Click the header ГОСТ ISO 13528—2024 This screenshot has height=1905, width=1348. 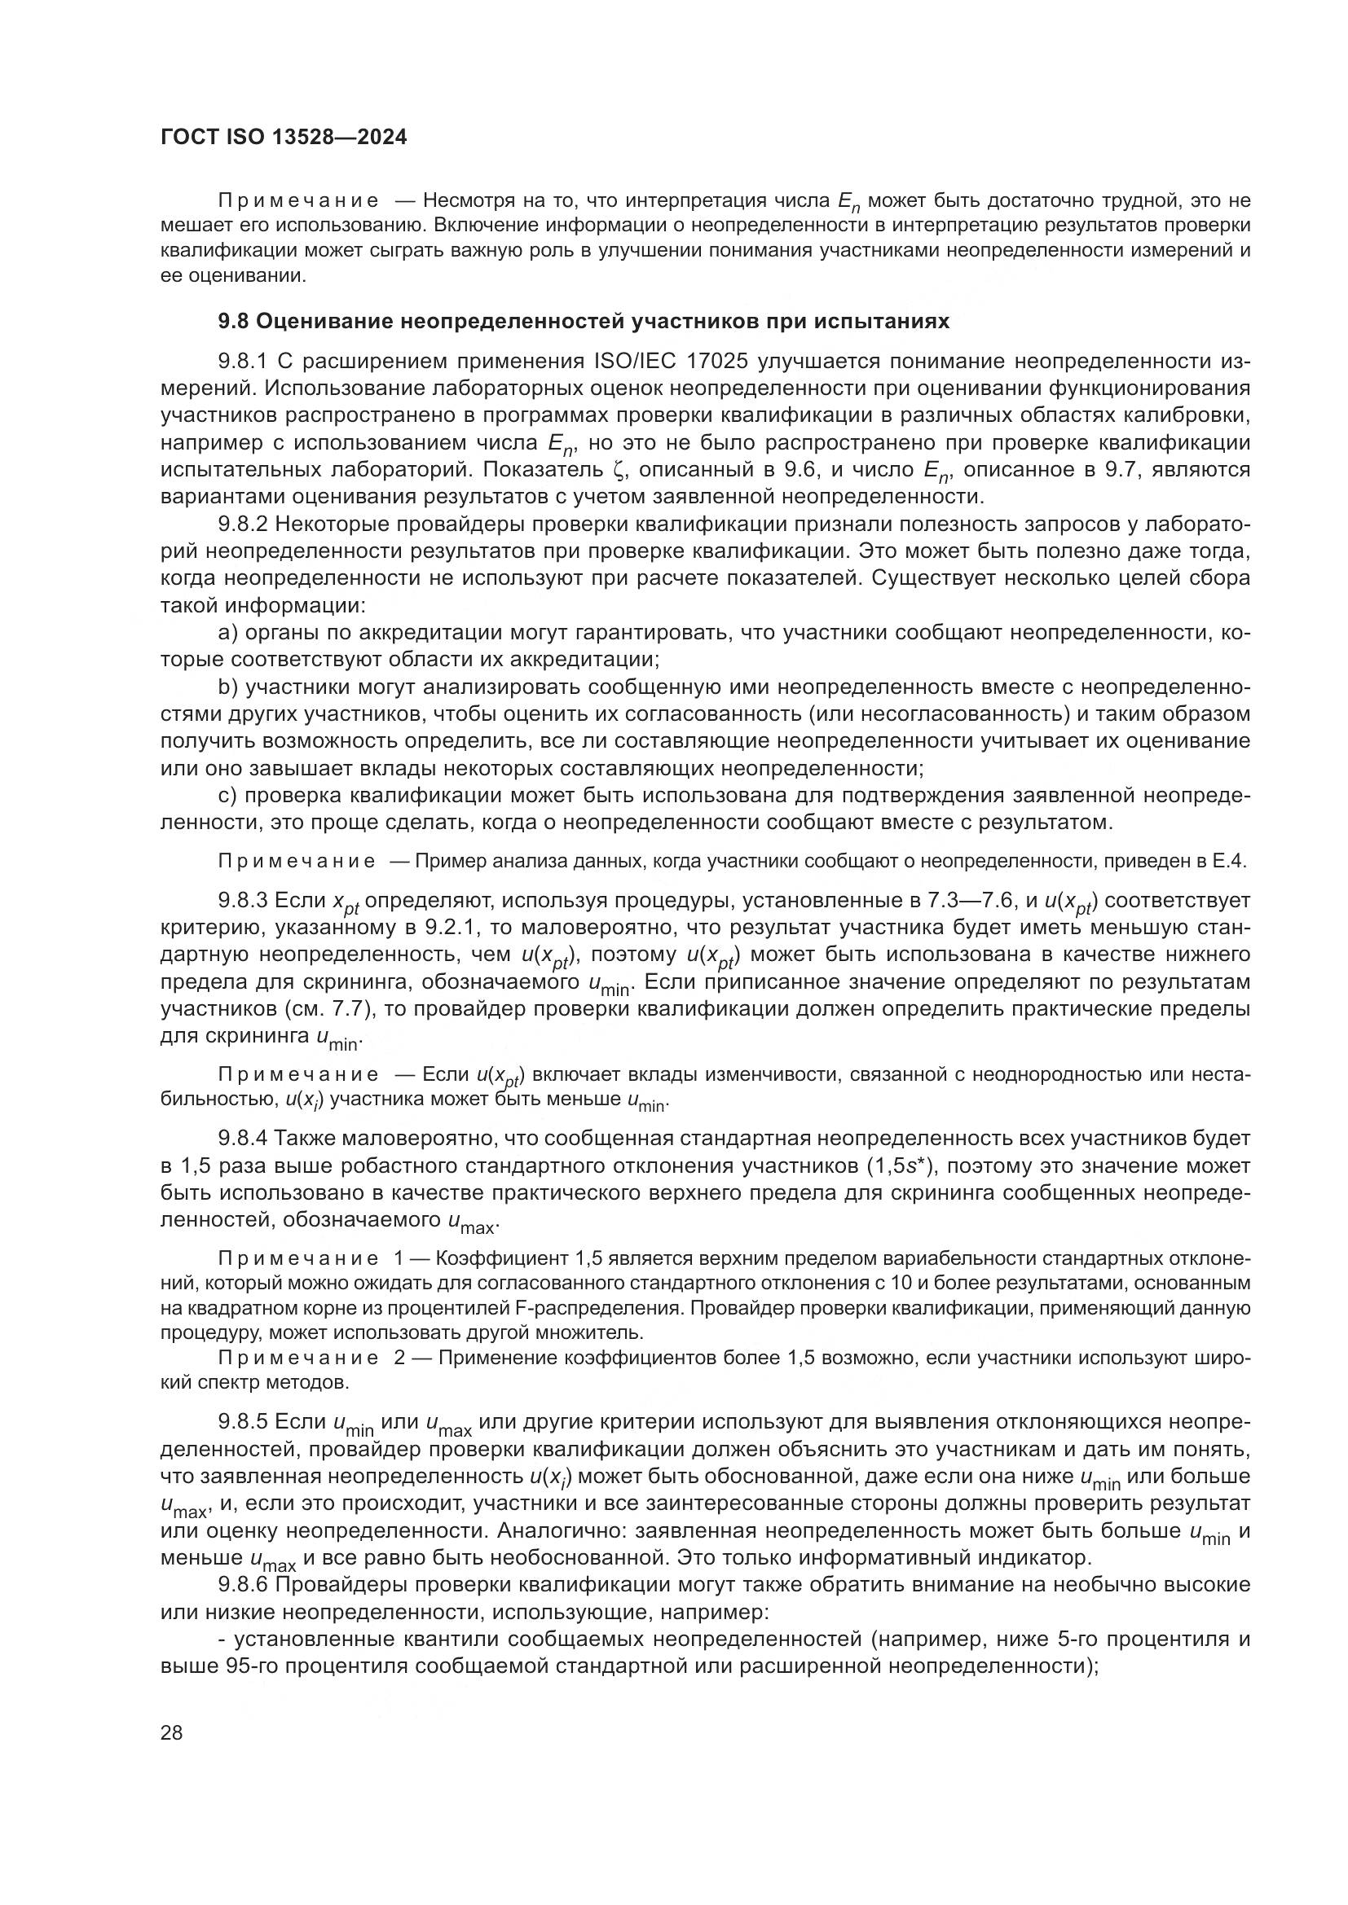tap(283, 138)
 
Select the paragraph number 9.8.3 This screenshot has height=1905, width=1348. tap(241, 900)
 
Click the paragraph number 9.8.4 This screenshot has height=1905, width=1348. tap(241, 1139)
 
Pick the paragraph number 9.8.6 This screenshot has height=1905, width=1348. tap(241, 1585)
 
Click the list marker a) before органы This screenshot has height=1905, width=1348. tap(227, 633)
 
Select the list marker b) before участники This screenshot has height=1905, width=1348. tap(227, 687)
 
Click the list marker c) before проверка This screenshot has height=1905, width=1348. tap(227, 796)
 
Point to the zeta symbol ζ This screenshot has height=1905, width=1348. tap(618, 470)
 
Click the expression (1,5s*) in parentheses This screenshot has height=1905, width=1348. tap(900, 1165)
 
